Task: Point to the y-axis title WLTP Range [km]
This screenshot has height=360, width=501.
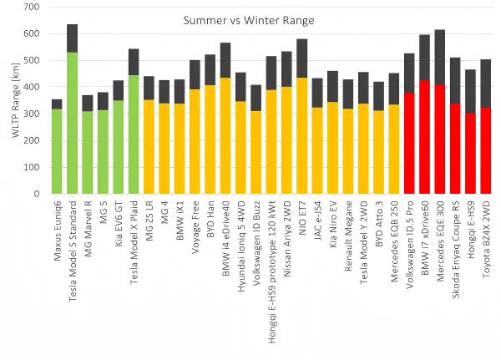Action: coord(16,100)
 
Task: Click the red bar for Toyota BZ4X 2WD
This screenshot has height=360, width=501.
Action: coord(485,150)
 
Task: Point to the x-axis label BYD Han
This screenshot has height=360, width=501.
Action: coord(211,219)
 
